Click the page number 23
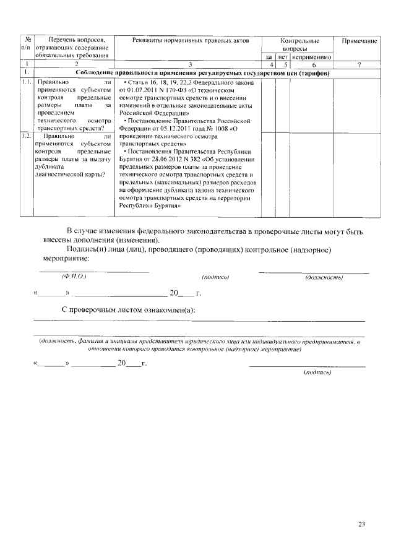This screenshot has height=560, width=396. (362, 524)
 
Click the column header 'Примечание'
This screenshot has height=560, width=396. (359, 40)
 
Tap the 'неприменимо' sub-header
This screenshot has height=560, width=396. (312, 57)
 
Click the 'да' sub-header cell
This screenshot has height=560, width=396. (269, 57)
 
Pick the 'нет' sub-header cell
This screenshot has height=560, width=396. (283, 57)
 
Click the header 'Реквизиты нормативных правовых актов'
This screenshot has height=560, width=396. (191, 40)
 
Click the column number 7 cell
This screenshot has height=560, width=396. (359, 64)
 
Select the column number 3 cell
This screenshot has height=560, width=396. (191, 64)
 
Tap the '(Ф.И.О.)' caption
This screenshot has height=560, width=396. (73, 277)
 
